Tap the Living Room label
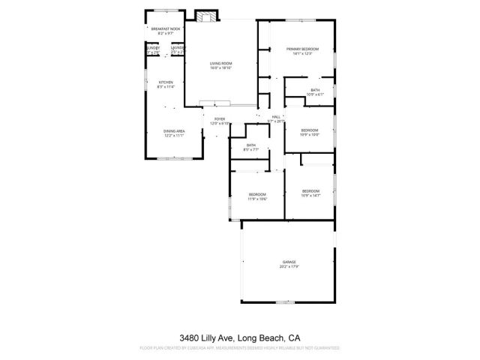[220, 63]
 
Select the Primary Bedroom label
[302, 49]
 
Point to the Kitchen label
[165, 82]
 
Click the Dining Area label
[174, 131]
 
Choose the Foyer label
[220, 118]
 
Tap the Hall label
[276, 117]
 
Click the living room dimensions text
[220, 67]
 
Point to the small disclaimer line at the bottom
[240, 349]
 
